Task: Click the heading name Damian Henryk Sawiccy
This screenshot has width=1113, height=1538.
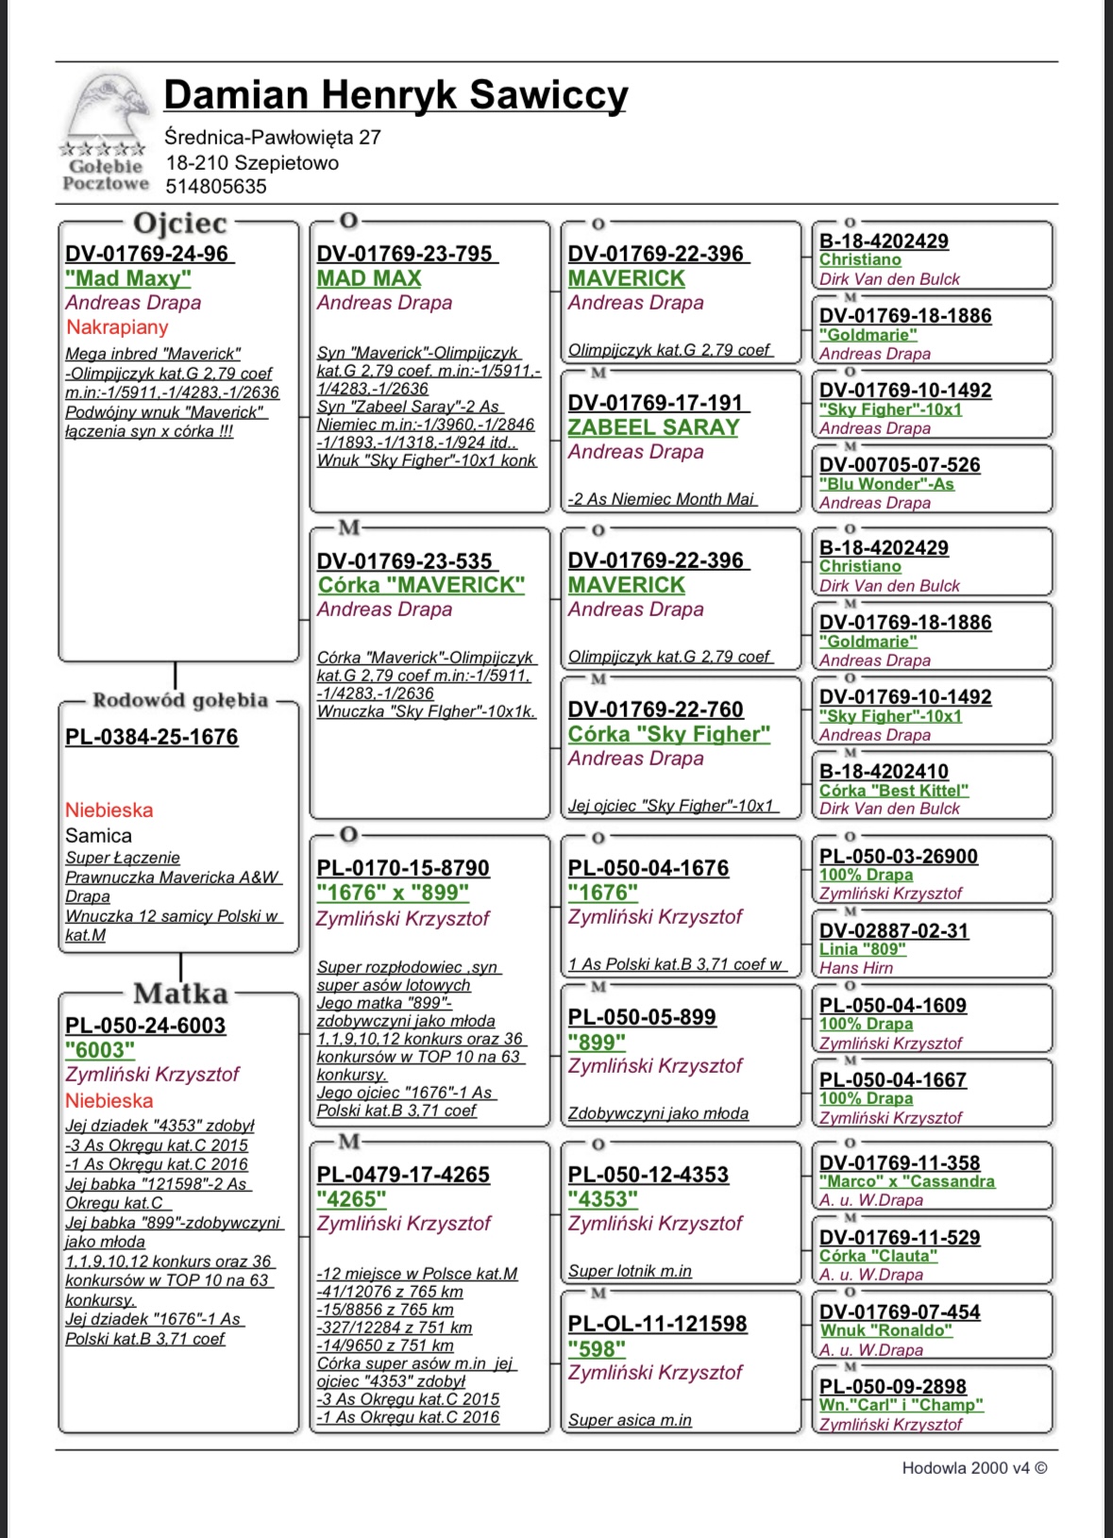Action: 396,95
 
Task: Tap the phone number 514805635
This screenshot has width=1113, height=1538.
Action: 216,187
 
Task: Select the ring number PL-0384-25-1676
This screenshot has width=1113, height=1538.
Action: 152,737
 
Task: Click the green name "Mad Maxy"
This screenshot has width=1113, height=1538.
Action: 128,278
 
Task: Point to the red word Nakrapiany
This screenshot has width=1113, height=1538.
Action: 117,327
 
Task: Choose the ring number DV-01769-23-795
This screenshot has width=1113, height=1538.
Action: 405,254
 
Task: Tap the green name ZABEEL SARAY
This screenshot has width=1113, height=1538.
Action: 653,427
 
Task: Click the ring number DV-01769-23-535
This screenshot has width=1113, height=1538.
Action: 405,560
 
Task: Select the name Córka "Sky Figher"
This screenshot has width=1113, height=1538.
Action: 669,734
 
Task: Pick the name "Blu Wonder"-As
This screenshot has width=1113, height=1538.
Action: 886,484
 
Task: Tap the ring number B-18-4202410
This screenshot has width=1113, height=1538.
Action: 884,772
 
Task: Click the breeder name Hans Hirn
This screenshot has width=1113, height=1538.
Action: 856,968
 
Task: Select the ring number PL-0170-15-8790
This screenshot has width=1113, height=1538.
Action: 403,868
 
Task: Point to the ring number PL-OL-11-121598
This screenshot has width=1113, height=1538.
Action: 657,1324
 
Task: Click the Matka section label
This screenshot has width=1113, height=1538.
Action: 180,994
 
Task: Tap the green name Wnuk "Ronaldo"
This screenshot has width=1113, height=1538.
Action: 885,1330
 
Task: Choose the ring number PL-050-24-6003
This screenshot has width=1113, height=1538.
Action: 145,1026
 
